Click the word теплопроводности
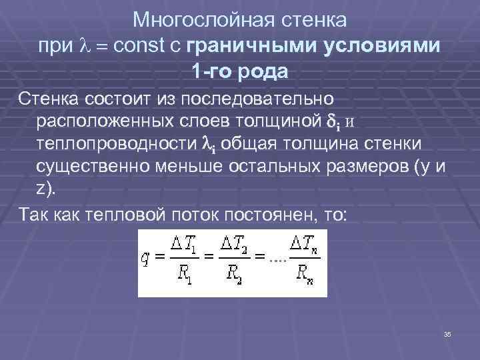[x=118, y=143]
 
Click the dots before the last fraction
[x=277, y=260]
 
